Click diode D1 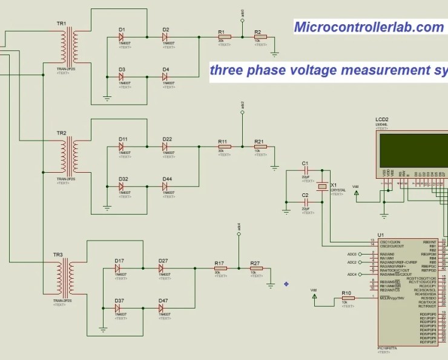[x=122, y=37]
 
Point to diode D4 [x=165, y=77]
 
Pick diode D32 [x=122, y=187]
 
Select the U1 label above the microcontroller [x=380, y=235]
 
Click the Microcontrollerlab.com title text [x=369, y=27]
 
